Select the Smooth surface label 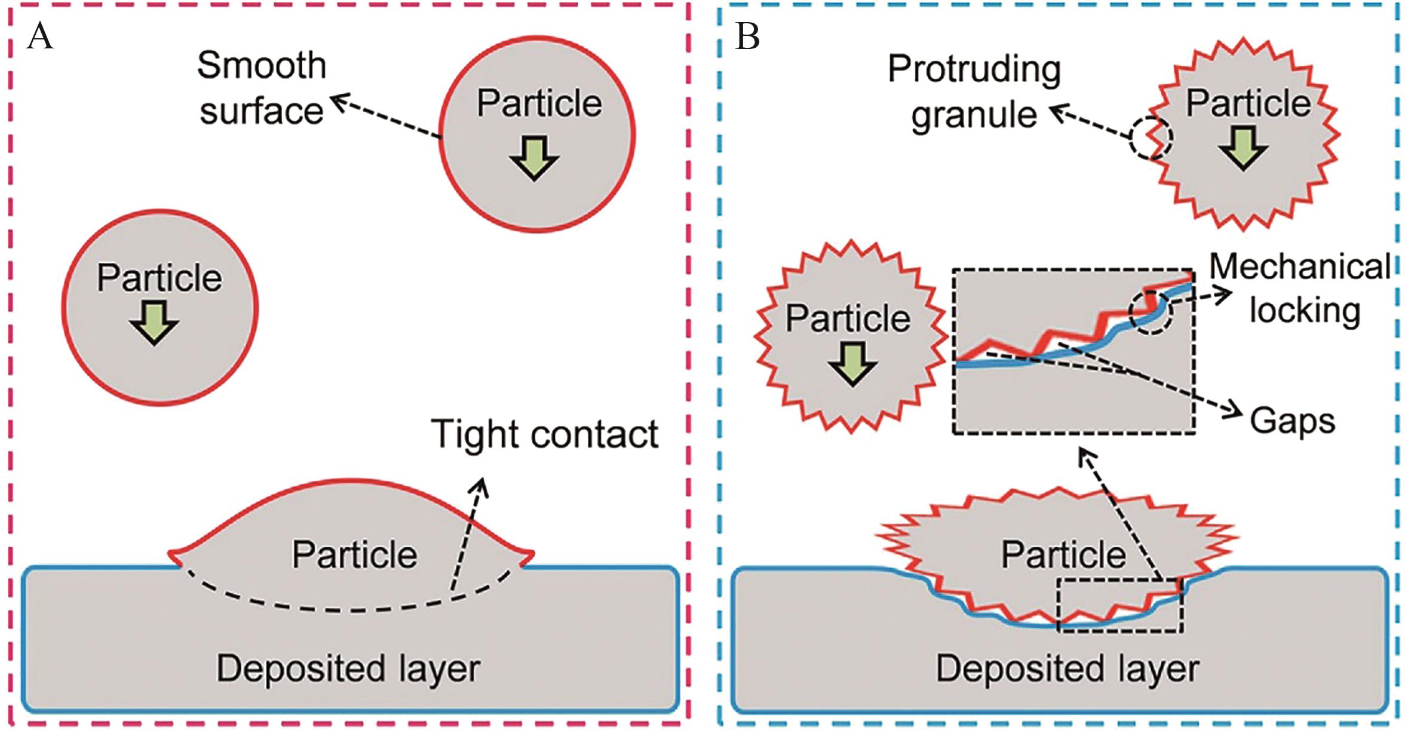coord(262,88)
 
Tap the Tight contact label coord(544,434)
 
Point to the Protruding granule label coord(974,91)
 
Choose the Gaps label coord(1292,421)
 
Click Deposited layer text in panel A coord(348,668)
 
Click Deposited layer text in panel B coord(1068,668)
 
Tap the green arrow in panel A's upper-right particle coord(534,158)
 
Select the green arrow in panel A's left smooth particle coord(154,323)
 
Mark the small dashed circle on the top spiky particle coord(1151,138)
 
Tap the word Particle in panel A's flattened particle coord(354,554)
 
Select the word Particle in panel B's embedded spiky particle coord(1063,554)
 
